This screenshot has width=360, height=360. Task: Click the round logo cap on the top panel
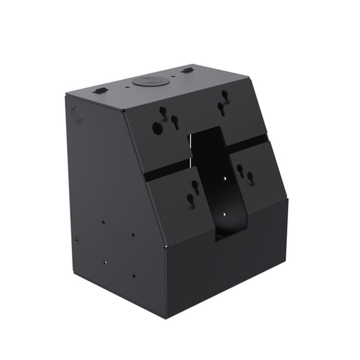click(x=151, y=81)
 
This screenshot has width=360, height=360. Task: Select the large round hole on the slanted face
click(x=157, y=128)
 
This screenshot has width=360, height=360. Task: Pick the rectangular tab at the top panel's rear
click(x=187, y=70)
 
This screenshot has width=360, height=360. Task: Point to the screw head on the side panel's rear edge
click(x=77, y=240)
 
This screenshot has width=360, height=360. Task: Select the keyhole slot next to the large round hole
click(x=175, y=121)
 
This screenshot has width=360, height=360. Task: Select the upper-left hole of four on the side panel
click(x=103, y=222)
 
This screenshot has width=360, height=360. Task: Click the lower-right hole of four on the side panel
click(x=134, y=275)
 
